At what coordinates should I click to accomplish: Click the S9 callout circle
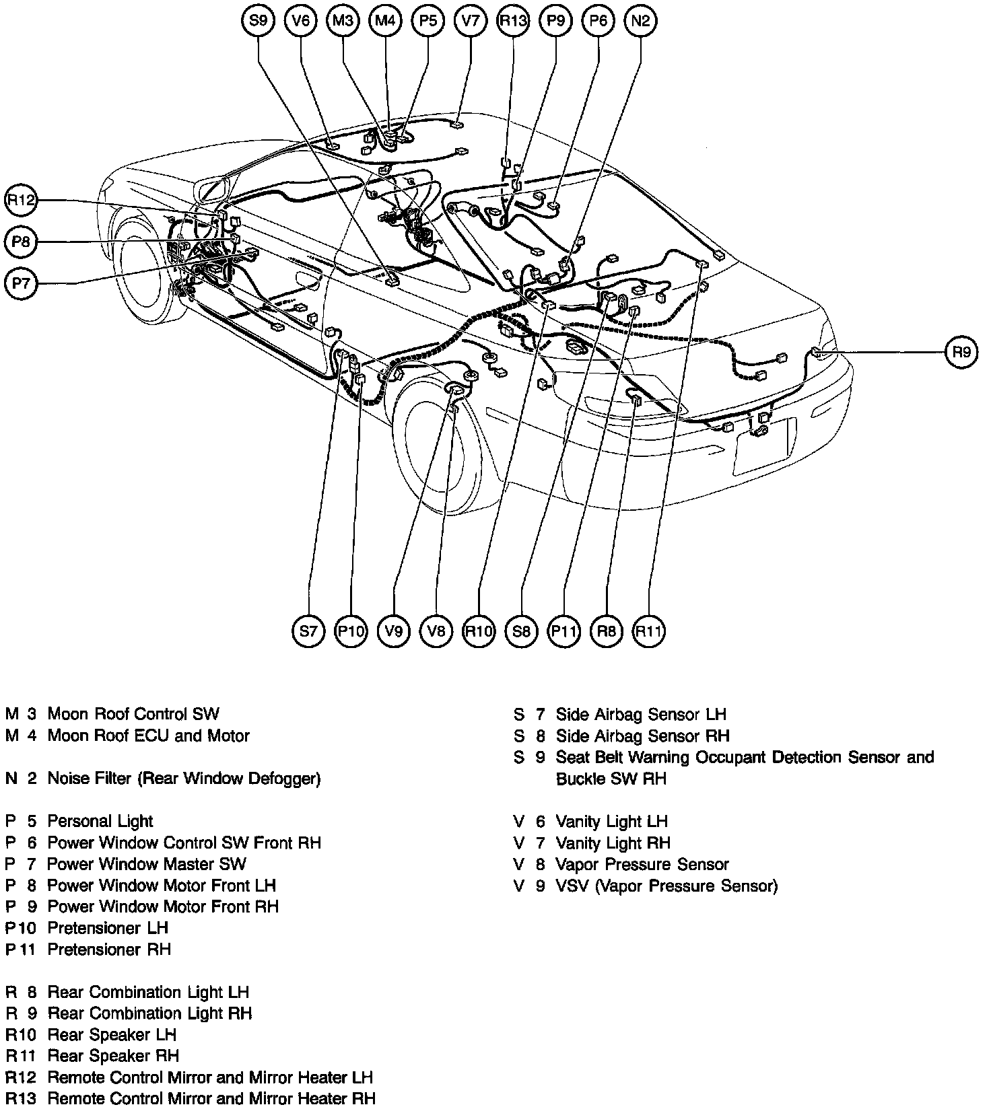[258, 20]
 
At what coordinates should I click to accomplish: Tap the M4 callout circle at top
[385, 20]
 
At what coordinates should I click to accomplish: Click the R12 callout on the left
[22, 200]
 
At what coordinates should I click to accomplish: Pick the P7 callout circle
[22, 283]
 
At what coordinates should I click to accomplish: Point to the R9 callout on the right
[962, 352]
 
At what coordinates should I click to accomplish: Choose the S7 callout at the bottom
[308, 631]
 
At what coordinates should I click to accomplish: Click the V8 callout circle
[436, 631]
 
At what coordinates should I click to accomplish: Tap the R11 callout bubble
[649, 631]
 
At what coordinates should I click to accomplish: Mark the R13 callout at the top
[513, 20]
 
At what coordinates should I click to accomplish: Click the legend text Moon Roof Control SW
[133, 714]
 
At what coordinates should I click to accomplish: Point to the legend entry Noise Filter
[183, 779]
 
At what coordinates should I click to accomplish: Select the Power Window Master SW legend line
[146, 864]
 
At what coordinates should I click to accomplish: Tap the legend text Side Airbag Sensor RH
[642, 736]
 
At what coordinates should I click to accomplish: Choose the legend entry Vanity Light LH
[611, 821]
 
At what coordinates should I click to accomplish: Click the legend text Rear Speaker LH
[112, 1035]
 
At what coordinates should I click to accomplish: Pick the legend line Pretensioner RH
[109, 950]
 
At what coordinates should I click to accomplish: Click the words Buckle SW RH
[611, 779]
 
